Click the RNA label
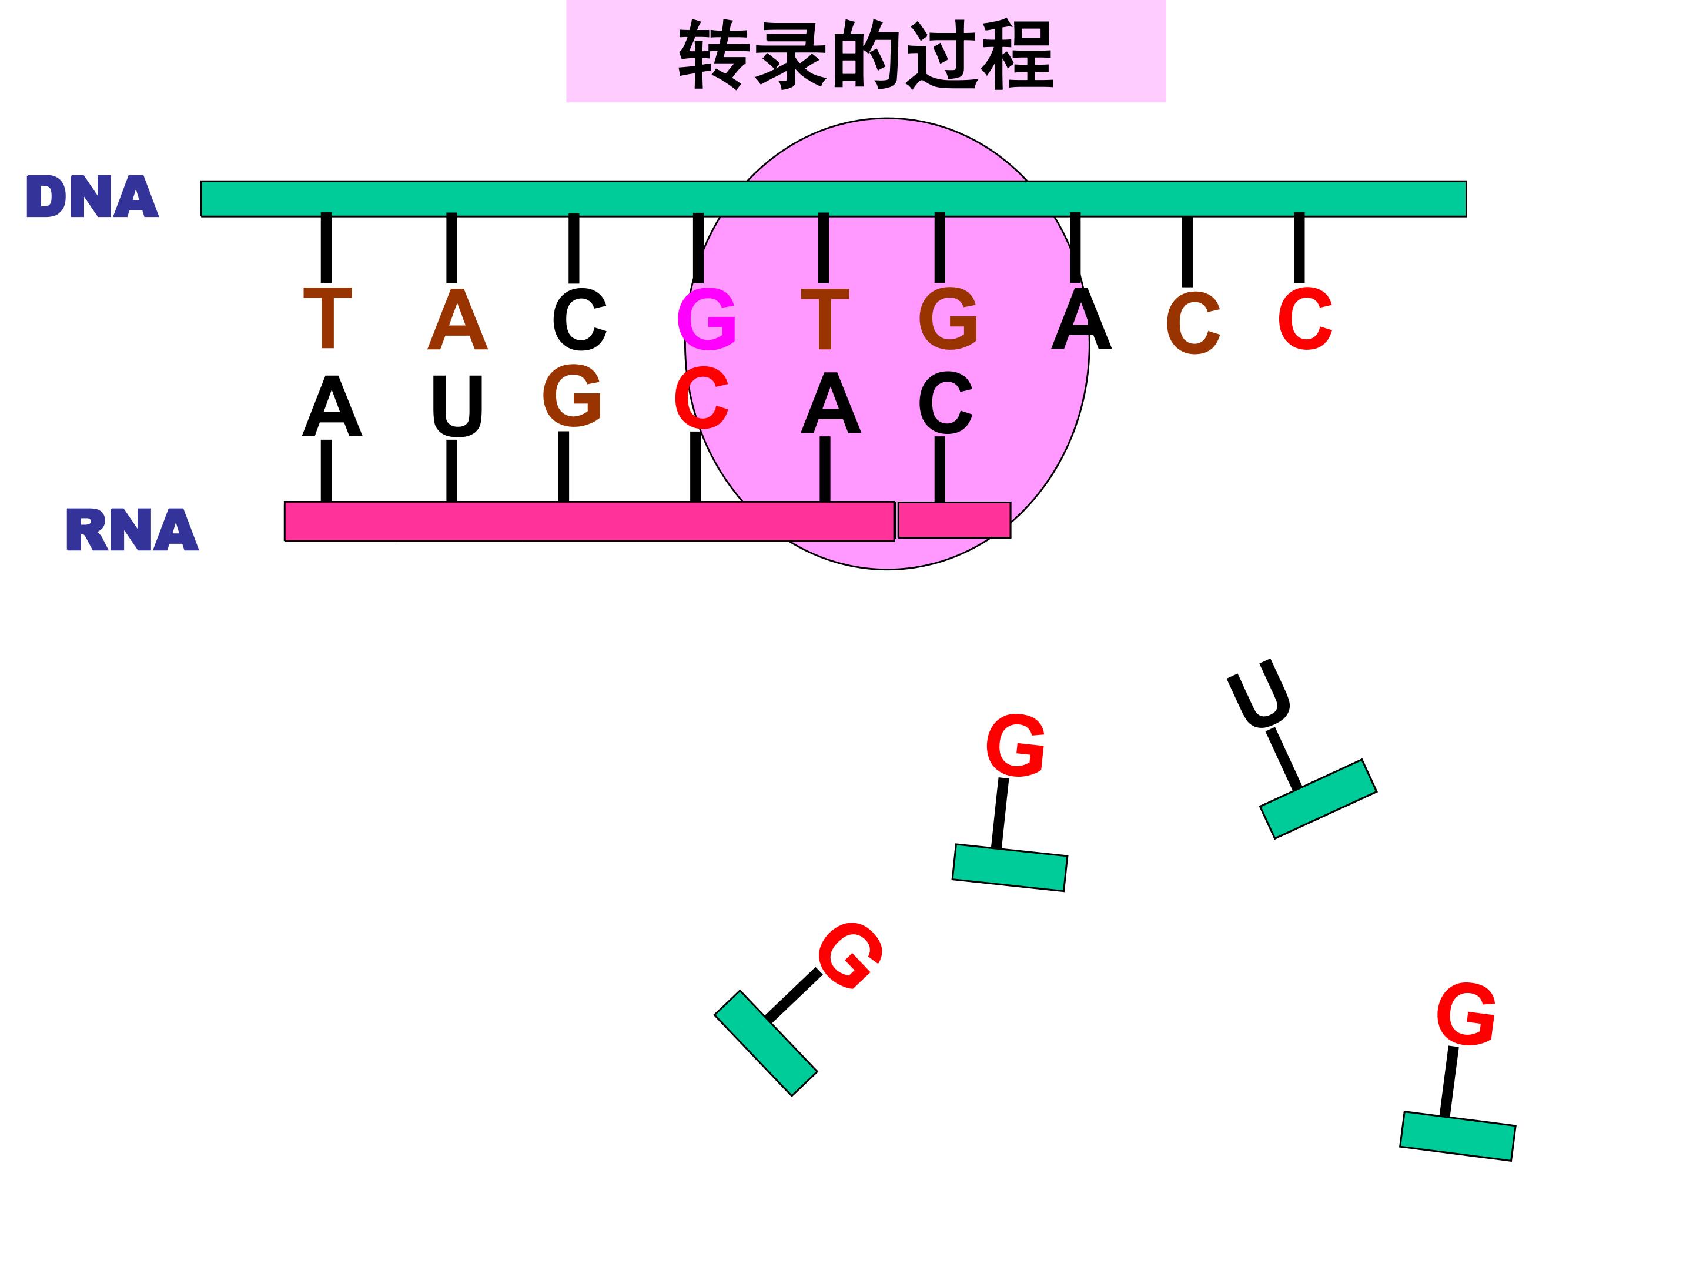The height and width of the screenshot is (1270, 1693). coord(132,529)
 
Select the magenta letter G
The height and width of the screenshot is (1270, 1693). coord(707,319)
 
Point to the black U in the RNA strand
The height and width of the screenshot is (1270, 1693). coord(457,406)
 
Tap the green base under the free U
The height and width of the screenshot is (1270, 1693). coord(1318,799)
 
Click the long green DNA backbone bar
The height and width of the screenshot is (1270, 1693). coord(834,199)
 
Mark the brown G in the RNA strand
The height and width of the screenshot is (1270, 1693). coord(572,395)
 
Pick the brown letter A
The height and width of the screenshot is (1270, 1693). coord(458,319)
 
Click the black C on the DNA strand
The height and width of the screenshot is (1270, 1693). coord(580,319)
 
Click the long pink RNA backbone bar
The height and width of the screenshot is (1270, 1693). coord(590,522)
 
